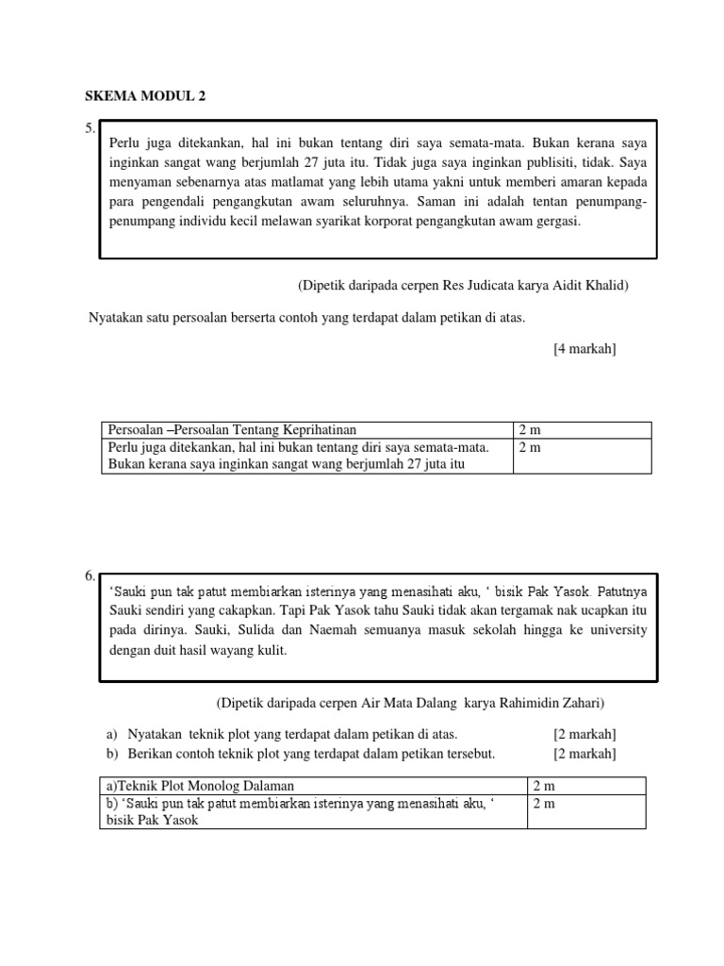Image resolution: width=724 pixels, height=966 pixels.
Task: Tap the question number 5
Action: pyautogui.click(x=90, y=128)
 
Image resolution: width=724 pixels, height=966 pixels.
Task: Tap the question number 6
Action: pyautogui.click(x=90, y=576)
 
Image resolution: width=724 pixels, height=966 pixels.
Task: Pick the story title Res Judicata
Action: pyautogui.click(x=487, y=285)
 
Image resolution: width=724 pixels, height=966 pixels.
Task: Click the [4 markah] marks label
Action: pyautogui.click(x=584, y=349)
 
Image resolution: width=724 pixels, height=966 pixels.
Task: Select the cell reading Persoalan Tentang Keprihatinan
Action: pyautogui.click(x=233, y=430)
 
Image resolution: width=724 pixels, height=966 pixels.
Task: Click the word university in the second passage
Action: pyautogui.click(x=616, y=630)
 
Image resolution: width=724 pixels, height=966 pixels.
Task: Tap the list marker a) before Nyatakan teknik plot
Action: pyautogui.click(x=110, y=734)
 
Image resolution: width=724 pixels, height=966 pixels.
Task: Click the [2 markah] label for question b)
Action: pyautogui.click(x=584, y=753)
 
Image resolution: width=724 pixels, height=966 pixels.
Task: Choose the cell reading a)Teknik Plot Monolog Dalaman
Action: pyautogui.click(x=202, y=786)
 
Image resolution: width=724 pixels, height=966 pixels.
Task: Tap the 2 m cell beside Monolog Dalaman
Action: pyautogui.click(x=544, y=786)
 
